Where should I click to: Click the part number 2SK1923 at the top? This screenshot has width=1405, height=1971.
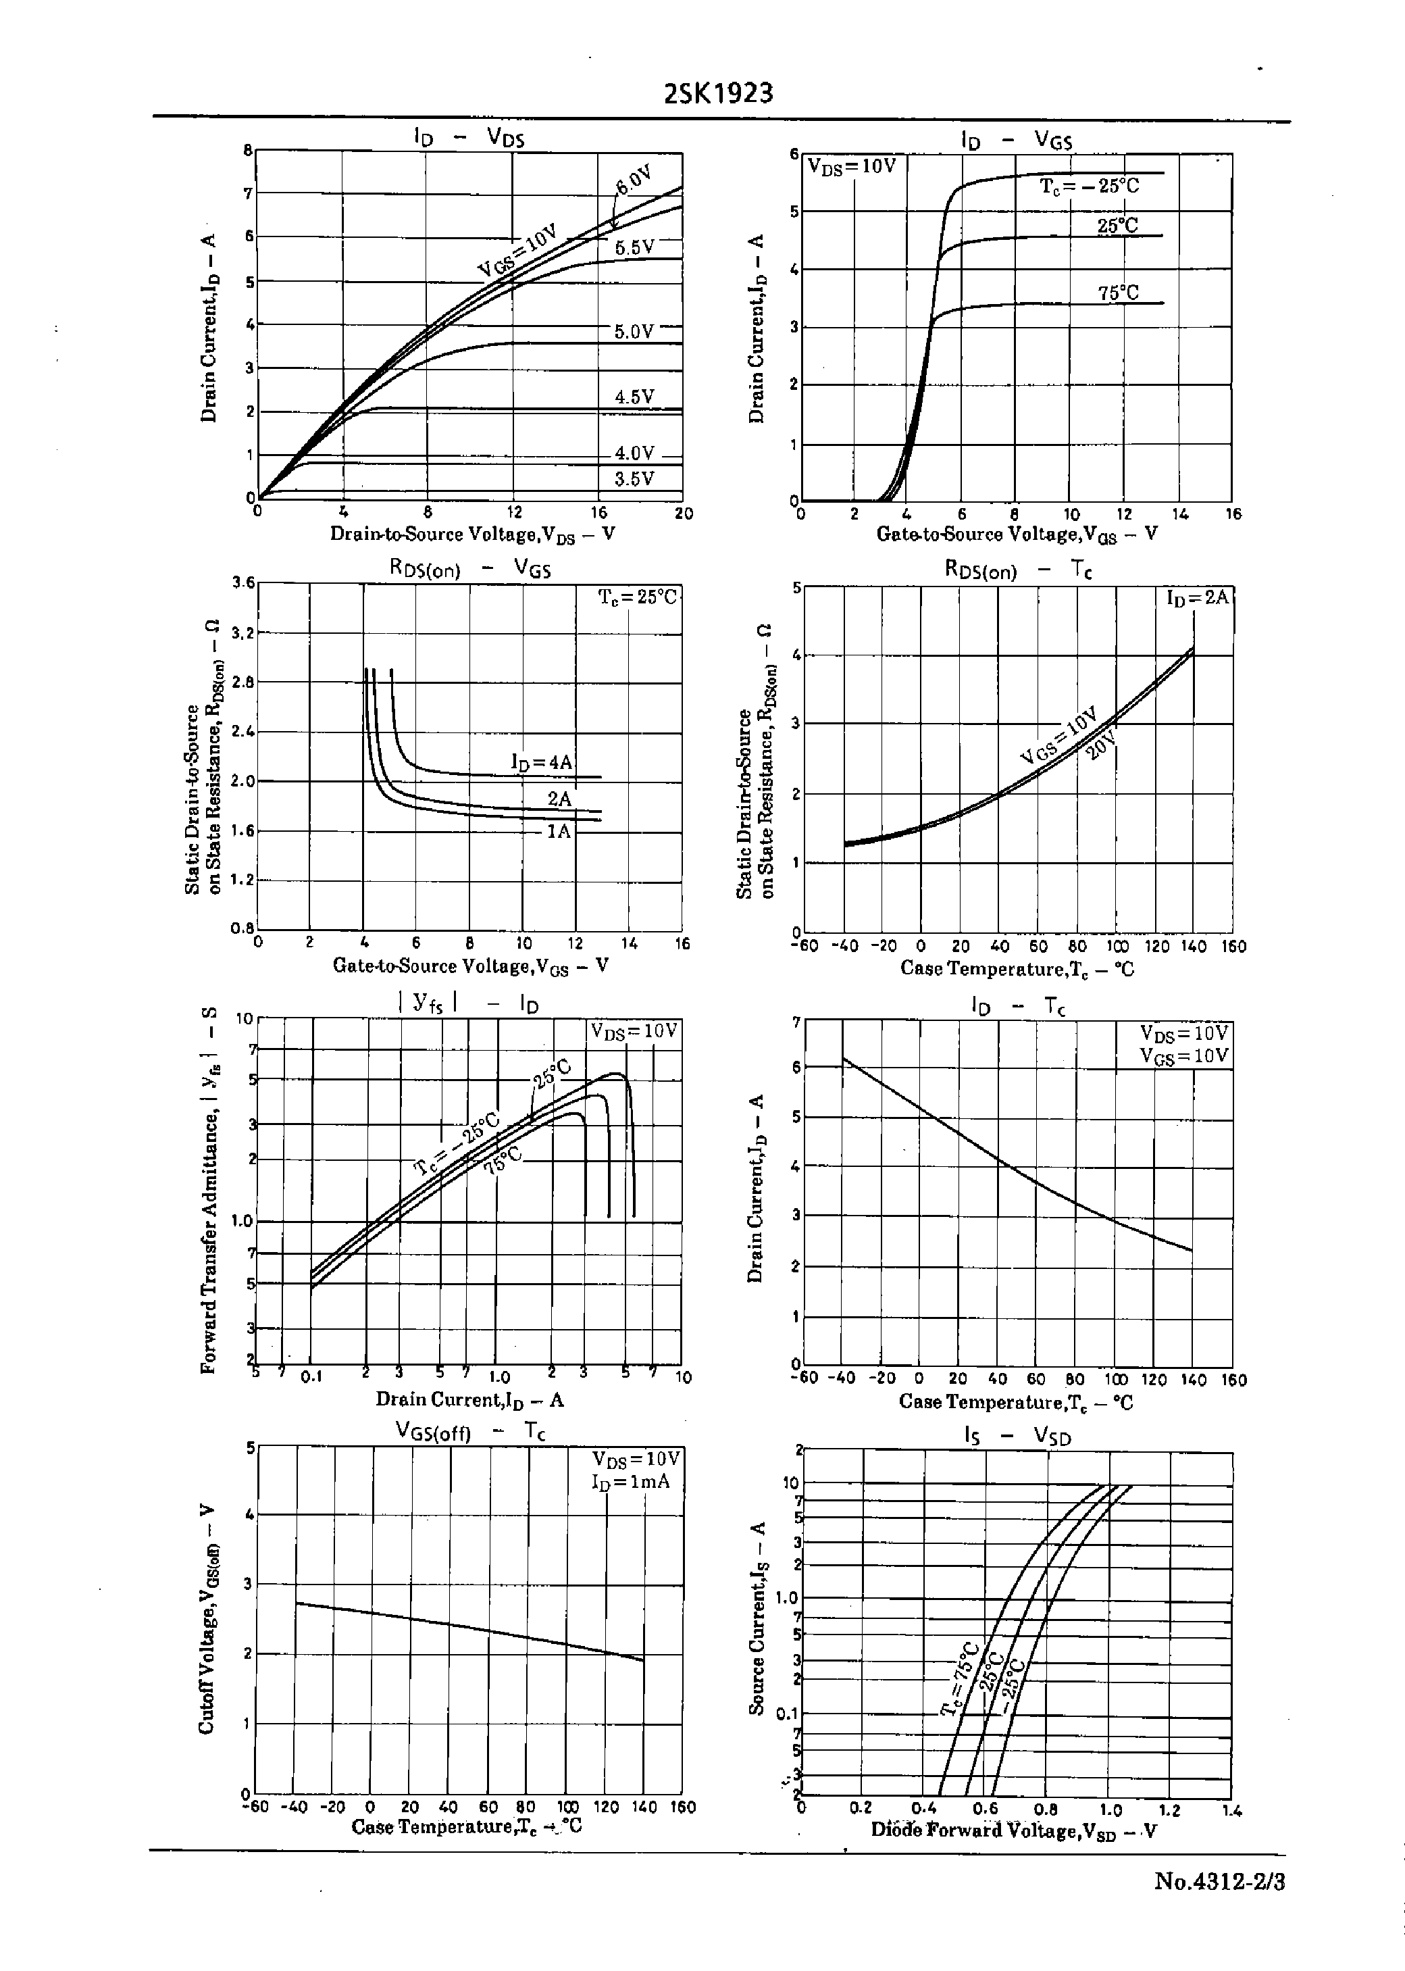pos(718,93)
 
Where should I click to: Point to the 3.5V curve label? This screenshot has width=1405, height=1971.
pos(634,479)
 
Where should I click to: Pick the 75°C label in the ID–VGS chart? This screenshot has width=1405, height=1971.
pos(1118,293)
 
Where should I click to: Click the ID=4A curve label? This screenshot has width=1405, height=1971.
pos(542,762)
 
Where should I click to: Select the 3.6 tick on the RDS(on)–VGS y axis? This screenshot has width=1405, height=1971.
pos(244,582)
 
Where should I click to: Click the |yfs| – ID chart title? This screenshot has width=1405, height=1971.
pos(468,1003)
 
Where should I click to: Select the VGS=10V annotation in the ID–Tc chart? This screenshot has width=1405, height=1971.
pos(1183,1055)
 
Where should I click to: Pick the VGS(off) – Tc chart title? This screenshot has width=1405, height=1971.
pos(469,1432)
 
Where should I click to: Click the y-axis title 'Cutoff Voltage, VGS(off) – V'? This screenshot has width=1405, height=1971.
pos(207,1618)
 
